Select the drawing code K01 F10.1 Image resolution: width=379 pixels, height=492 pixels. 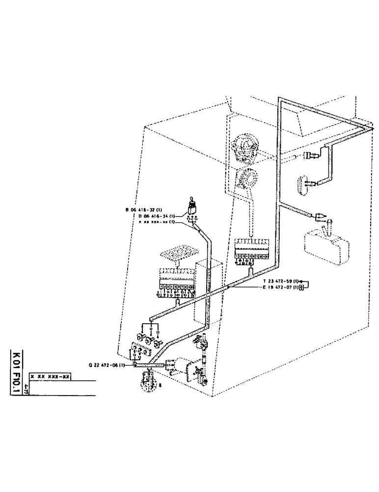point(17,373)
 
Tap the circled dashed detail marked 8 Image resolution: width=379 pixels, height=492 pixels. point(148,380)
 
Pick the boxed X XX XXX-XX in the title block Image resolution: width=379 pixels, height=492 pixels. point(50,376)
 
